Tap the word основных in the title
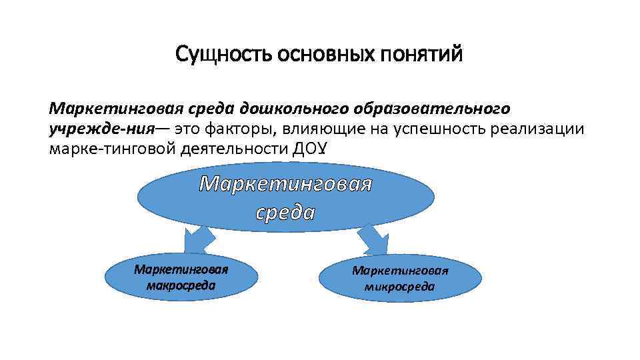311,54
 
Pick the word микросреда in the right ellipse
399,287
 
